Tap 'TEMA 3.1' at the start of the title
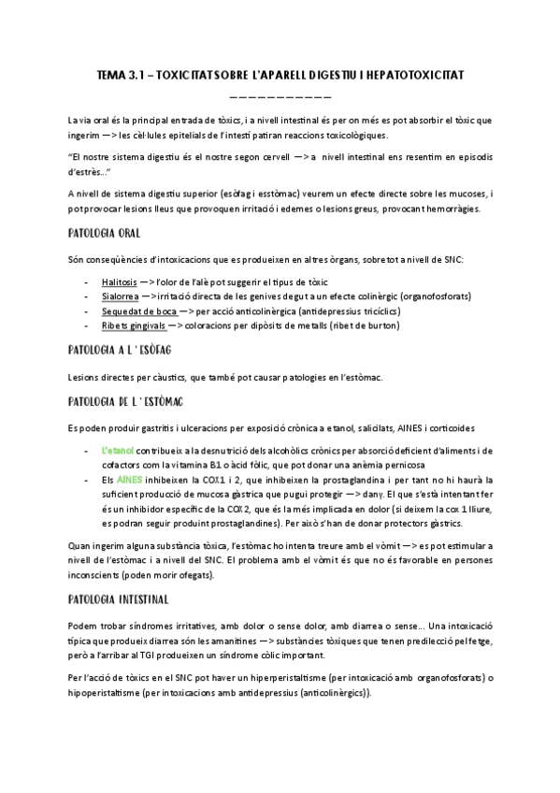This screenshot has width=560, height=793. (x=120, y=73)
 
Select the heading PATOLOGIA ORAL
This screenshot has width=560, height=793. (x=105, y=232)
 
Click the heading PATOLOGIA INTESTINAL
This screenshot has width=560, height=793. (x=119, y=598)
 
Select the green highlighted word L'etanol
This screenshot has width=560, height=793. (x=118, y=450)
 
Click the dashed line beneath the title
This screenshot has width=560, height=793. (x=280, y=95)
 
